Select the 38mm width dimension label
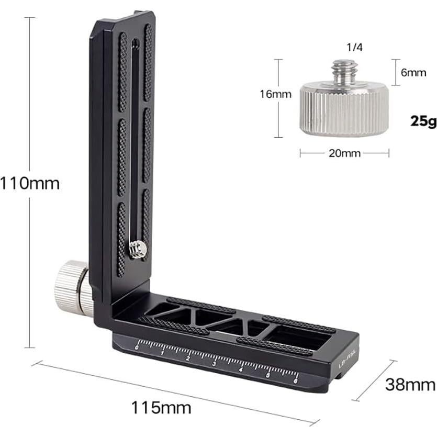point(410,385)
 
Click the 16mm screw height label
point(275,94)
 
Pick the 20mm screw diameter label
point(344,153)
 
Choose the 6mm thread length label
point(413,73)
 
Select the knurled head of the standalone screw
point(344,111)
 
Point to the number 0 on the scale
point(137,347)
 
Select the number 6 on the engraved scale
point(296,380)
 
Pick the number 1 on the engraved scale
point(162,352)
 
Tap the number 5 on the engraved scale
point(268,374)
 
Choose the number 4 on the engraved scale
point(241,368)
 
